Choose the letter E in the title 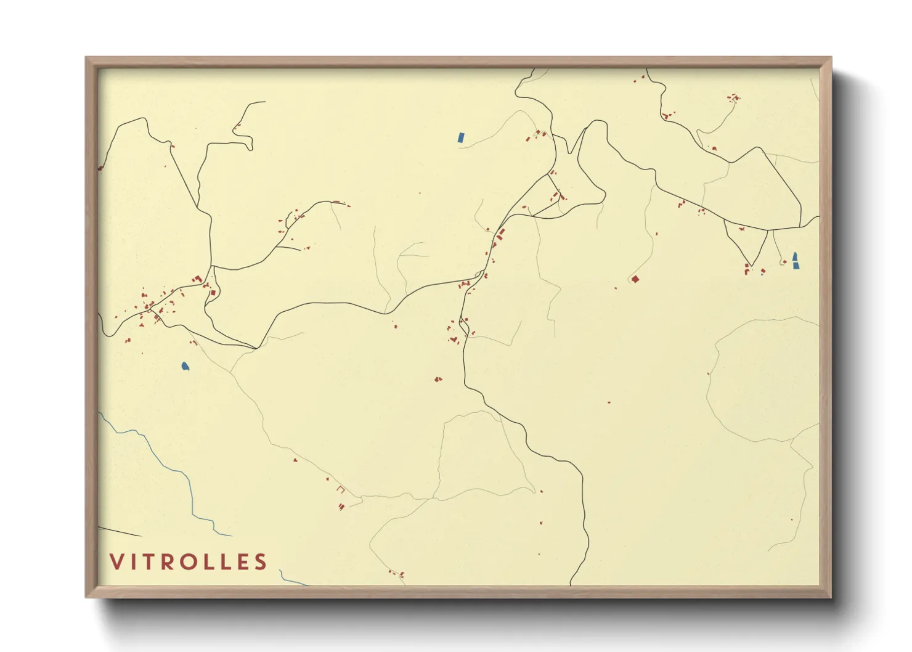[x=243, y=561]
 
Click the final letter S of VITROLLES [x=261, y=561]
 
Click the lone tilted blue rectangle [x=460, y=137]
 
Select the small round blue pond [x=185, y=367]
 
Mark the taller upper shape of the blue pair [x=795, y=256]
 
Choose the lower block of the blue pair [x=796, y=266]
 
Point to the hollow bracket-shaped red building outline [x=341, y=491]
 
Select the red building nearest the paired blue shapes [x=784, y=263]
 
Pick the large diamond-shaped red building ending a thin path [x=635, y=280]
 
